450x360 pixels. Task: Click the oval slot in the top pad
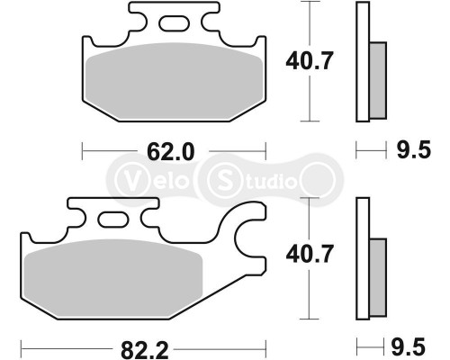pyautogui.click(x=175, y=23)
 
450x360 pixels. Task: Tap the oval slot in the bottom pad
pyautogui.click(x=114, y=219)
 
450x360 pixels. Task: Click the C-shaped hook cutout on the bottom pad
pyautogui.click(x=248, y=238)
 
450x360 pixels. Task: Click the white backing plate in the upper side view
pyautogui.click(x=363, y=63)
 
